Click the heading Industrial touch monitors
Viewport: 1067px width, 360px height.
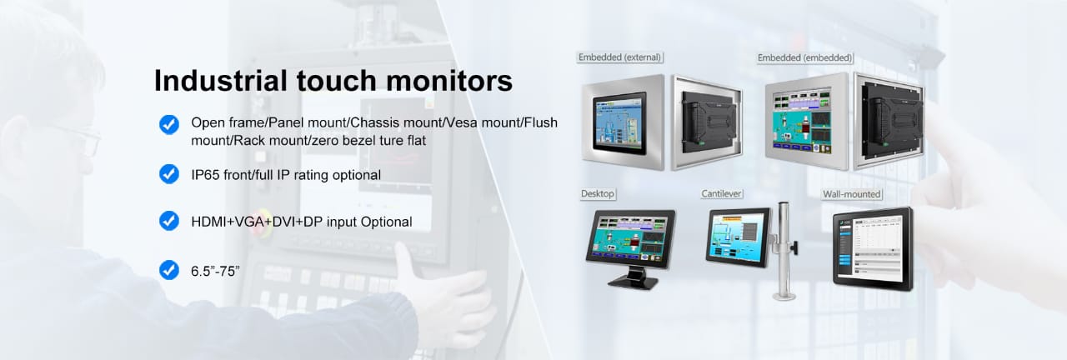click(333, 81)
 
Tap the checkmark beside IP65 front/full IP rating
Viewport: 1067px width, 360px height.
click(169, 174)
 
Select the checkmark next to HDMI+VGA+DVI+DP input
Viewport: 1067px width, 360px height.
click(169, 221)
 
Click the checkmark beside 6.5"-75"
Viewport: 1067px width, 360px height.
click(169, 270)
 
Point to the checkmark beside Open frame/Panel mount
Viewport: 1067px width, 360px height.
click(169, 125)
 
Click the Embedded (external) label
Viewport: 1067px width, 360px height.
click(619, 57)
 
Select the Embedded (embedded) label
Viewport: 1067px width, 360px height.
click(804, 58)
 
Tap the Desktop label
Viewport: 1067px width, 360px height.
click(598, 194)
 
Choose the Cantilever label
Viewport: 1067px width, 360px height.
click(721, 194)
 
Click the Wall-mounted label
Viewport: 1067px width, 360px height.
click(852, 194)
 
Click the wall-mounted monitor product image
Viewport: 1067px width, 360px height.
click(873, 248)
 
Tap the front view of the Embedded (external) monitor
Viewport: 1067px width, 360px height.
click(623, 122)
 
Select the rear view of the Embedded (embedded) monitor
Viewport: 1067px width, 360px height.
click(889, 121)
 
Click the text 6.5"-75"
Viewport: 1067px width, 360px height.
click(215, 271)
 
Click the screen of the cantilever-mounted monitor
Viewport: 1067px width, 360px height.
click(738, 237)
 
